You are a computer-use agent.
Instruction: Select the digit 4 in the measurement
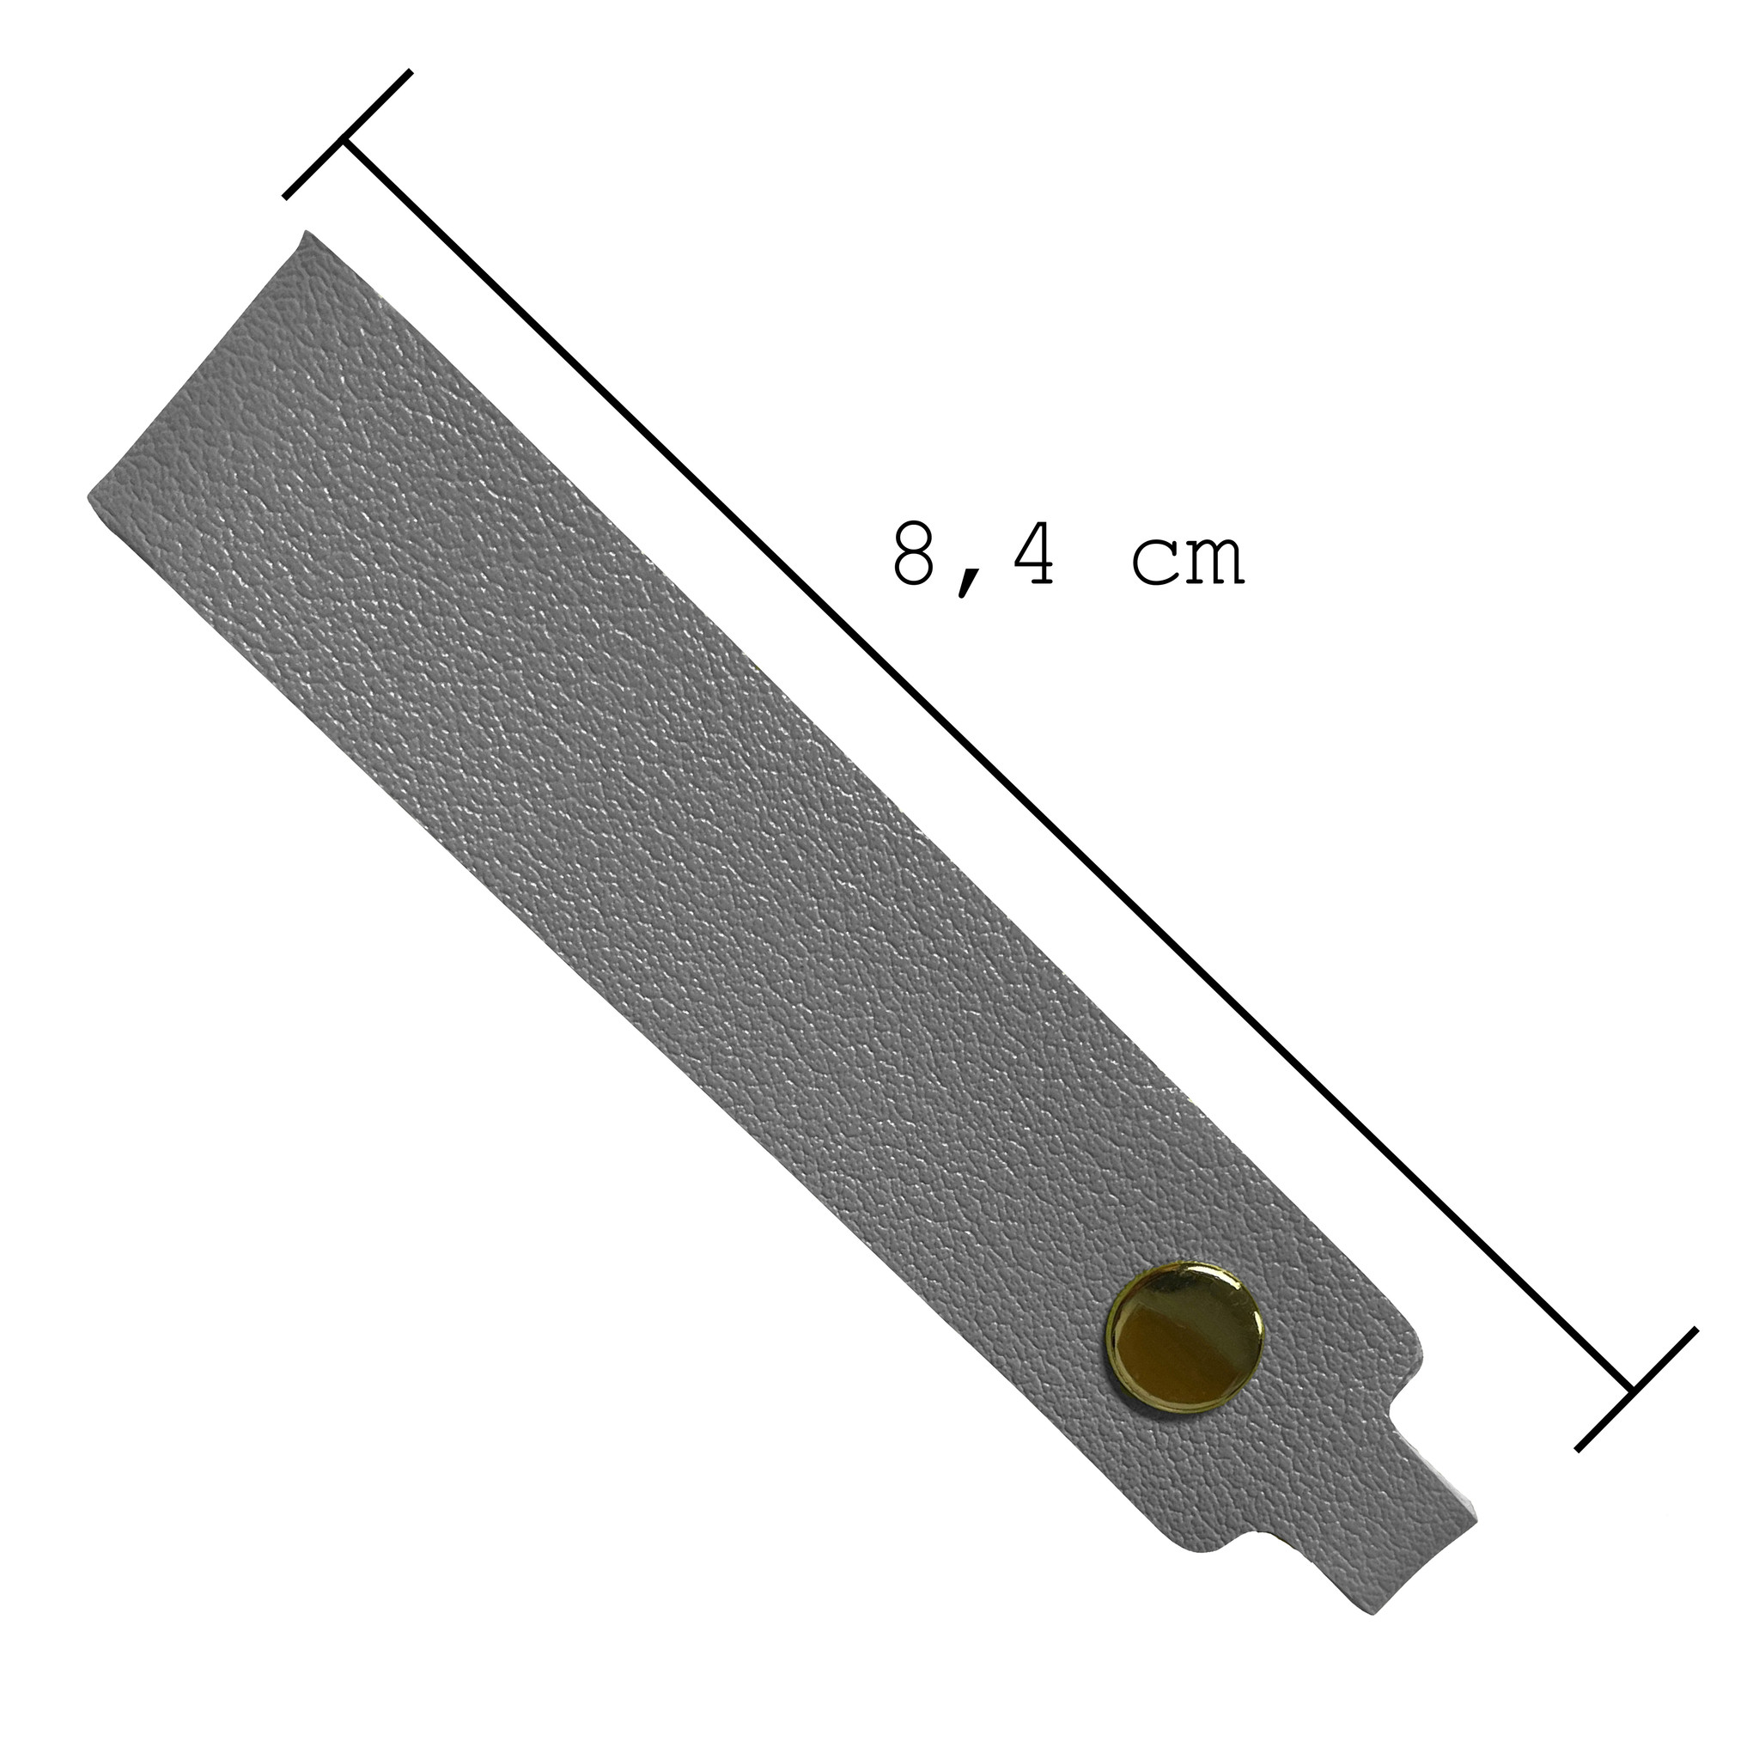(x=1027, y=555)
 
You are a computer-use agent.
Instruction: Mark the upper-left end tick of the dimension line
(x=347, y=134)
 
